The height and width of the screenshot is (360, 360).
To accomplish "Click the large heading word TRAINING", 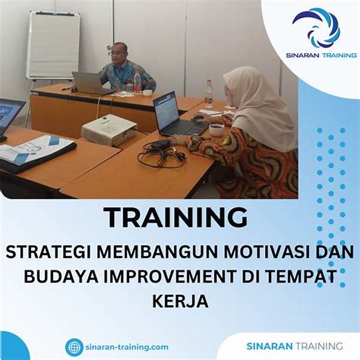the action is click(176, 217).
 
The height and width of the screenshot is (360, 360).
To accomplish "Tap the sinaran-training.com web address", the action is click(127, 347).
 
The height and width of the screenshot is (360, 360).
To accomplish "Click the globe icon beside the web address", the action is click(74, 347).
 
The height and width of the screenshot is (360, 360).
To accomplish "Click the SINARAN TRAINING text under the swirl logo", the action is click(321, 55).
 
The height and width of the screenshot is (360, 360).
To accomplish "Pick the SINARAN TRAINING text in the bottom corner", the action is click(295, 346).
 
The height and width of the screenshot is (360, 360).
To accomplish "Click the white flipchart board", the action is click(53, 45).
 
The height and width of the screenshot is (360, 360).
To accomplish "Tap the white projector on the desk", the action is click(110, 130).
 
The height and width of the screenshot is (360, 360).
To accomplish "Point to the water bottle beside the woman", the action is click(209, 94).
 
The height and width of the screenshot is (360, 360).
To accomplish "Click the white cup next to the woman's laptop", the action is click(216, 130).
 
